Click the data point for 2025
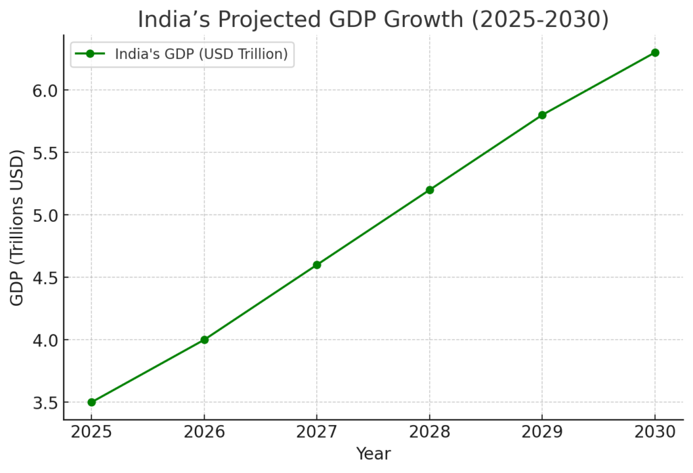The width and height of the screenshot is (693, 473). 91,402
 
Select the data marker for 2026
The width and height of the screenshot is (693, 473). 204,340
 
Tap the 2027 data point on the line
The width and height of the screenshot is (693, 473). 317,265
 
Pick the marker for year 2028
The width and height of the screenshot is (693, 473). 430,189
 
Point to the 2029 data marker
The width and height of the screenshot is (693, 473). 542,115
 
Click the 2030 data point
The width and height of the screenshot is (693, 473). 655,53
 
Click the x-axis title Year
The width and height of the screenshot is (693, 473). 373,454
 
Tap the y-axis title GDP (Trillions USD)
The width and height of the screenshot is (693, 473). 18,228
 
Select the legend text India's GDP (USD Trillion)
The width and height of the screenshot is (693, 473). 202,55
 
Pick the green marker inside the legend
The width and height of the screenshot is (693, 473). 90,54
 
